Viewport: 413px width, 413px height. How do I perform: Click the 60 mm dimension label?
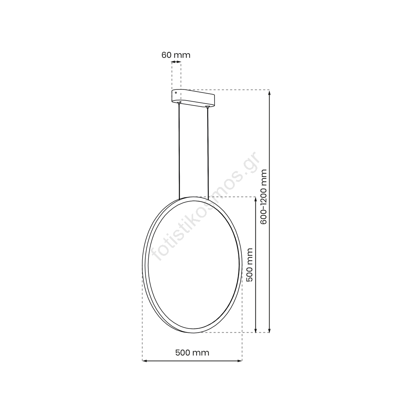click(176, 55)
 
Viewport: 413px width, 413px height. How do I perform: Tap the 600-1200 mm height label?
click(263, 197)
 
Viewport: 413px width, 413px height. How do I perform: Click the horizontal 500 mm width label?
click(192, 353)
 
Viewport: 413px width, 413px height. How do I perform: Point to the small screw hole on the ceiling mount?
click(176, 93)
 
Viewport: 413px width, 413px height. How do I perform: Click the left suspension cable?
click(179, 151)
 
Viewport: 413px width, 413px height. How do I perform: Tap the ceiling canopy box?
click(193, 98)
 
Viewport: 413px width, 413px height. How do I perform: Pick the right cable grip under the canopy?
click(208, 107)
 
